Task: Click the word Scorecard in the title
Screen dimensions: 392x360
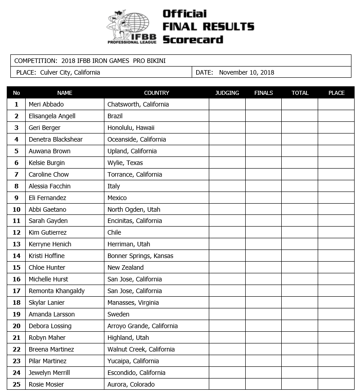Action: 193,40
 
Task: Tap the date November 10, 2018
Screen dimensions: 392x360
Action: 247,72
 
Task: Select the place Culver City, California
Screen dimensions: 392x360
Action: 70,72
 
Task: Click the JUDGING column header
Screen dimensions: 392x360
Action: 227,93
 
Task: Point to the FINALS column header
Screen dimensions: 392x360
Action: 263,93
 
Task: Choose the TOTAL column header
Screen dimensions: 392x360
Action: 300,93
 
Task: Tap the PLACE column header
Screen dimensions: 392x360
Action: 336,93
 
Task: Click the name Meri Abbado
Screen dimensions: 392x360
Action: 46,104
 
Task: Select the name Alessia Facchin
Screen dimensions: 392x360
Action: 49,186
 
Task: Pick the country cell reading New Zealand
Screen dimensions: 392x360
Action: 126,267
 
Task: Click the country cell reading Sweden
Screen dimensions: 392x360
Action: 118,314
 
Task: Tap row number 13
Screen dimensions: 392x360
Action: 17,244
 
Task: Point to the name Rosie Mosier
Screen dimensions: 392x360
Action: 46,384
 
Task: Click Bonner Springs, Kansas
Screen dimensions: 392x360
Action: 140,256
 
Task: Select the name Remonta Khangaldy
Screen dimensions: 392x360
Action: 57,291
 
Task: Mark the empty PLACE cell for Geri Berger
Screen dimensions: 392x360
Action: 336,128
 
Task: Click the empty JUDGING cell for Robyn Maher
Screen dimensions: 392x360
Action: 227,338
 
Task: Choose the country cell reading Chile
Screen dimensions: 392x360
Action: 114,232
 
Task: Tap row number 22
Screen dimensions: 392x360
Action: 17,349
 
